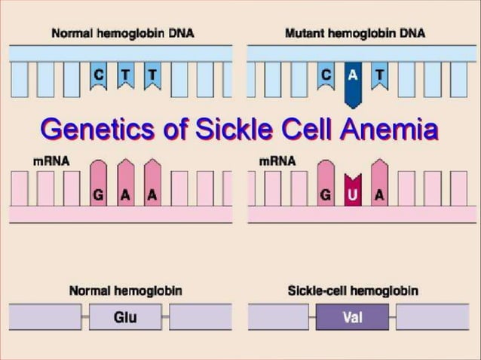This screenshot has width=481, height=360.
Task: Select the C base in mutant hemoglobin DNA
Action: point(326,76)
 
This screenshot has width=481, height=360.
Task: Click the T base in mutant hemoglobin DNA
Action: point(378,76)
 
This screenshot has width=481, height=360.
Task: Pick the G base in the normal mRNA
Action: point(99,194)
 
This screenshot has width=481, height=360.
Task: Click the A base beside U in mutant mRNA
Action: point(379,194)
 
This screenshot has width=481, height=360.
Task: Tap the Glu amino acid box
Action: point(125,317)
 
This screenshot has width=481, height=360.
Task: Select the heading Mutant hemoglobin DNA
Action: point(354,34)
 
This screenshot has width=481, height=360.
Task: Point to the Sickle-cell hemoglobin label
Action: point(354,290)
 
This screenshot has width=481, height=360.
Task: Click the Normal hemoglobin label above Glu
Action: point(125,290)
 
